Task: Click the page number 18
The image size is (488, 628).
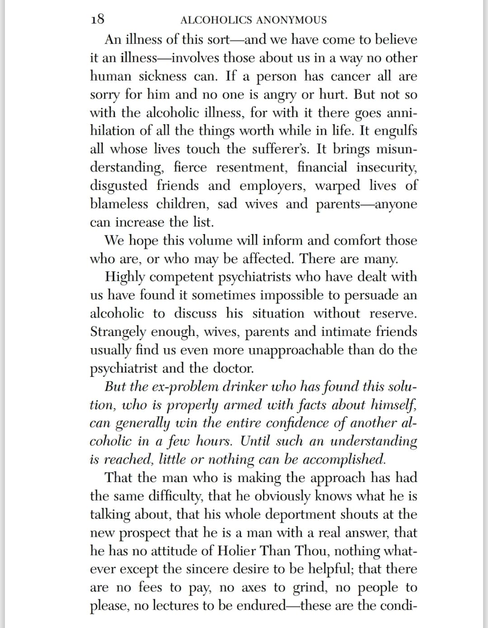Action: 98,19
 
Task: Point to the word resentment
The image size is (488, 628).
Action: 251,167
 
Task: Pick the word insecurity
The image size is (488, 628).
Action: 386,167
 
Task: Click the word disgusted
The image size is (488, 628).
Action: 119,186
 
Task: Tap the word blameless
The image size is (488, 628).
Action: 119,204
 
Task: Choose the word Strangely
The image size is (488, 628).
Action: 118,332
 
